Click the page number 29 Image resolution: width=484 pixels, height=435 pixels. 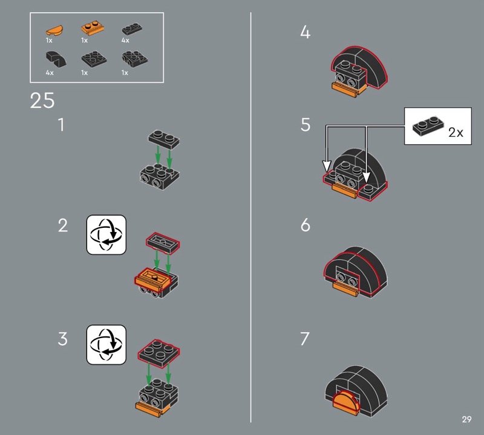pos(466,419)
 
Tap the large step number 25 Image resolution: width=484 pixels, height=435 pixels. pos(42,101)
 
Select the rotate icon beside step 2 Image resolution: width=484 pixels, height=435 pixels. pos(106,234)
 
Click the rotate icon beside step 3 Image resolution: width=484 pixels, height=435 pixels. pos(106,345)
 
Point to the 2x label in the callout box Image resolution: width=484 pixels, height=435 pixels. pos(456,132)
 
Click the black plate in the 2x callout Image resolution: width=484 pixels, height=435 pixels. pos(427,124)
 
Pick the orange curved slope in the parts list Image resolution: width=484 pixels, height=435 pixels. pos(53,29)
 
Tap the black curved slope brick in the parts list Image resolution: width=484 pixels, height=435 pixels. pos(54,59)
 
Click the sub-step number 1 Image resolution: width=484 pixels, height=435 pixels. pos(61,125)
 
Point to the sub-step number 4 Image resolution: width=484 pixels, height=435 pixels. pos(305,33)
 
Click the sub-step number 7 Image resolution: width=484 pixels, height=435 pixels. pos(305,339)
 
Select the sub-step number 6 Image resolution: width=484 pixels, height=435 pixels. pos(305,225)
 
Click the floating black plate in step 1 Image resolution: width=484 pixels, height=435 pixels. pos(163,138)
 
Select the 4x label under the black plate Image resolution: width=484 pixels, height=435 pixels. pos(125,40)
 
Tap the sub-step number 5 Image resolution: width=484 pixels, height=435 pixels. pos(305,125)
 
